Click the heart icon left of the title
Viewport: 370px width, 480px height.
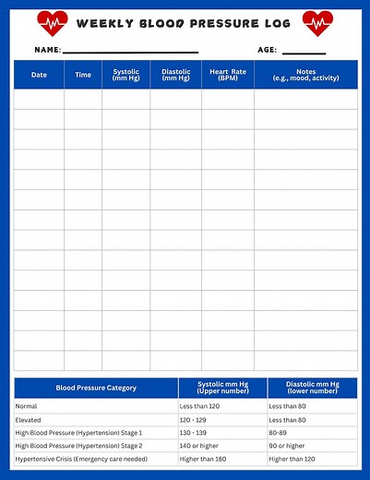tap(53, 22)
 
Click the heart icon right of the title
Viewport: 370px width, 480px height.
tap(317, 22)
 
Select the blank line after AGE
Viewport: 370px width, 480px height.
tap(304, 51)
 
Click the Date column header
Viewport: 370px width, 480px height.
tap(39, 75)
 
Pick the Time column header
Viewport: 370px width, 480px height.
tap(83, 75)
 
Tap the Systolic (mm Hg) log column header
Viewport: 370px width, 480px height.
tap(126, 75)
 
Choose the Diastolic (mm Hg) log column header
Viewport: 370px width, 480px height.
tap(175, 75)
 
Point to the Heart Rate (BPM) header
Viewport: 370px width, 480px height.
tap(227, 75)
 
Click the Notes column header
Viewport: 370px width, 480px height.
tap(305, 75)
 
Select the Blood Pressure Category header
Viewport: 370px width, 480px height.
tap(96, 389)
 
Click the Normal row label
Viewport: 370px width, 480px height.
tap(27, 406)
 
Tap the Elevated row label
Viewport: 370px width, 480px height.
tap(30, 419)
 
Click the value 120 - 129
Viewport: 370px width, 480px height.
tap(194, 419)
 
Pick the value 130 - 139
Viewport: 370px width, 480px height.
tap(194, 432)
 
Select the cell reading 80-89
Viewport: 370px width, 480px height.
tap(279, 432)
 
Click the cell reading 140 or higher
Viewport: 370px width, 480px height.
tap(200, 446)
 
